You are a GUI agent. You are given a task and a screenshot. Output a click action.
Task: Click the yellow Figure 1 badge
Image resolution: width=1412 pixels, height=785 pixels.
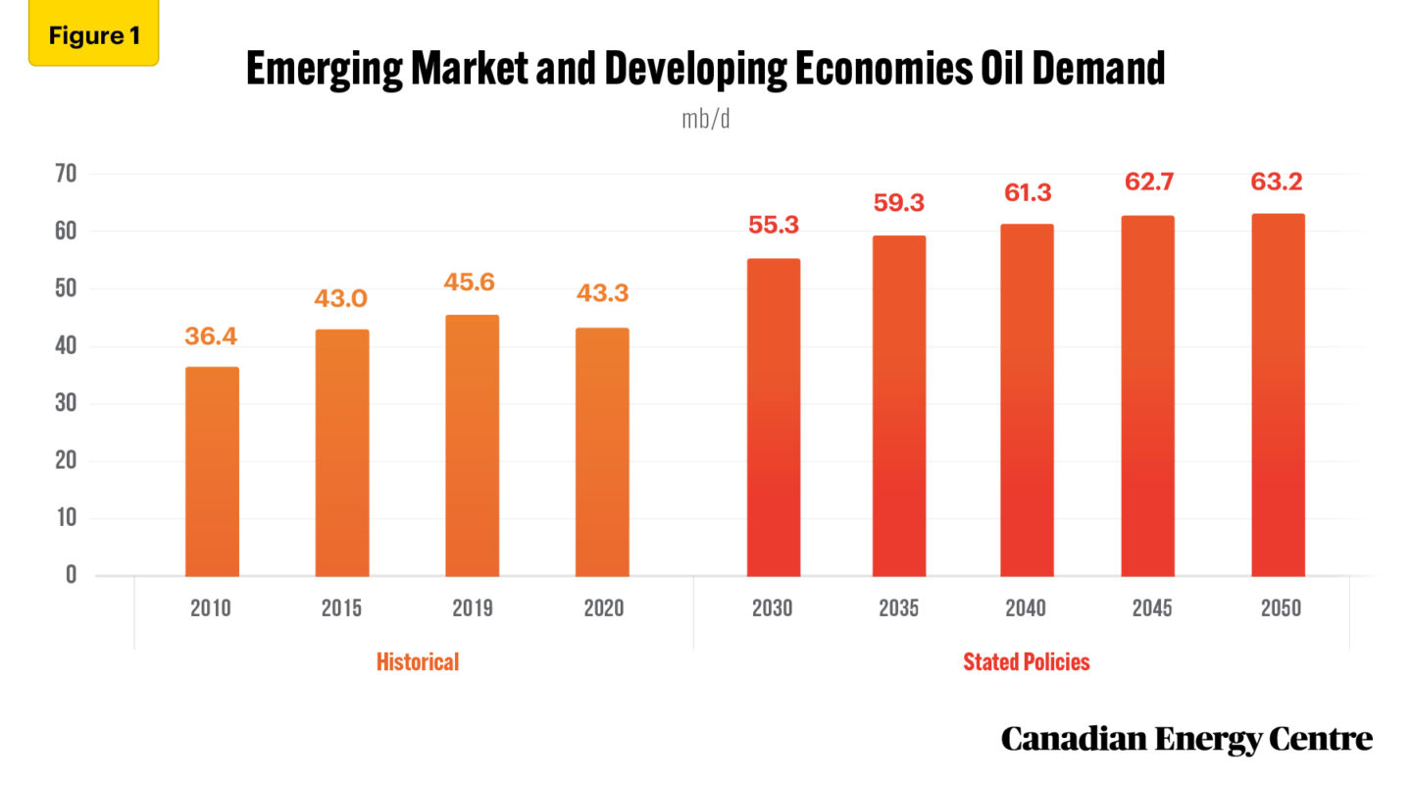[x=94, y=36]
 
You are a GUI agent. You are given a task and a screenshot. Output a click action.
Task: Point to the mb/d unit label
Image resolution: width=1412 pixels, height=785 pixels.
[x=706, y=120]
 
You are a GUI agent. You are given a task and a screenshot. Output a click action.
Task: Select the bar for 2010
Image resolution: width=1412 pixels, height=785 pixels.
[x=212, y=471]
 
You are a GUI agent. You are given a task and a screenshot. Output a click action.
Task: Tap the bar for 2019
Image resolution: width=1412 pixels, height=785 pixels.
[x=472, y=445]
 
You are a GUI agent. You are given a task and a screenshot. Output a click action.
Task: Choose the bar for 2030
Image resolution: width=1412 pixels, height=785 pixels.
[x=773, y=417]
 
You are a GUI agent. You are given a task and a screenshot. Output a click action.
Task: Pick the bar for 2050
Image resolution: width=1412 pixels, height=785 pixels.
[x=1278, y=394]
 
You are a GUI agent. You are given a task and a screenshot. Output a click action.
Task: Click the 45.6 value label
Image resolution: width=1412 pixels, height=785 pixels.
[x=472, y=283]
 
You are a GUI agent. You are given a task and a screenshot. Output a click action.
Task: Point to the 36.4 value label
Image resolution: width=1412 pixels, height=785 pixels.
[x=212, y=336]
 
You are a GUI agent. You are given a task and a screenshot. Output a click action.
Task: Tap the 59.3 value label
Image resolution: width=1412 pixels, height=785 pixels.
[x=898, y=203]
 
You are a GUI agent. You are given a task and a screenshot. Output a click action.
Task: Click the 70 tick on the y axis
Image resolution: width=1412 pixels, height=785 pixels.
[x=66, y=175]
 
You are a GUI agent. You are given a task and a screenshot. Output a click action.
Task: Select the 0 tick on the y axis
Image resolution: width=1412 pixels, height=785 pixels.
[x=72, y=575]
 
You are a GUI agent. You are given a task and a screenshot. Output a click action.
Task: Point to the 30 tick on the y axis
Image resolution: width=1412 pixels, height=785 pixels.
[x=66, y=403]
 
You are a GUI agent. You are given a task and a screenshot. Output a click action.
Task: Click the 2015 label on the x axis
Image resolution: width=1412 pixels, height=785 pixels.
[x=341, y=608]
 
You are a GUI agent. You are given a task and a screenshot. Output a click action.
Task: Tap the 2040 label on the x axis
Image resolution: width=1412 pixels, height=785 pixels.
[x=1026, y=608]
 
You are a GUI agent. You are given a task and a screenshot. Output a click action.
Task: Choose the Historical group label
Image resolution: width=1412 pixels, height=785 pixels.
[x=418, y=662]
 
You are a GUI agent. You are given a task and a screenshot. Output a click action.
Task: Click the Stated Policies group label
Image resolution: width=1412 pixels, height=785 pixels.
[x=1026, y=662]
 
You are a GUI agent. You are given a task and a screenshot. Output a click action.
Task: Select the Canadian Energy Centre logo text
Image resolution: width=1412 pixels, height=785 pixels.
[x=1186, y=739]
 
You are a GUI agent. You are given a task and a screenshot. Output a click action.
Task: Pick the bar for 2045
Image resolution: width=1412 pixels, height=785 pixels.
[x=1148, y=395]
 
